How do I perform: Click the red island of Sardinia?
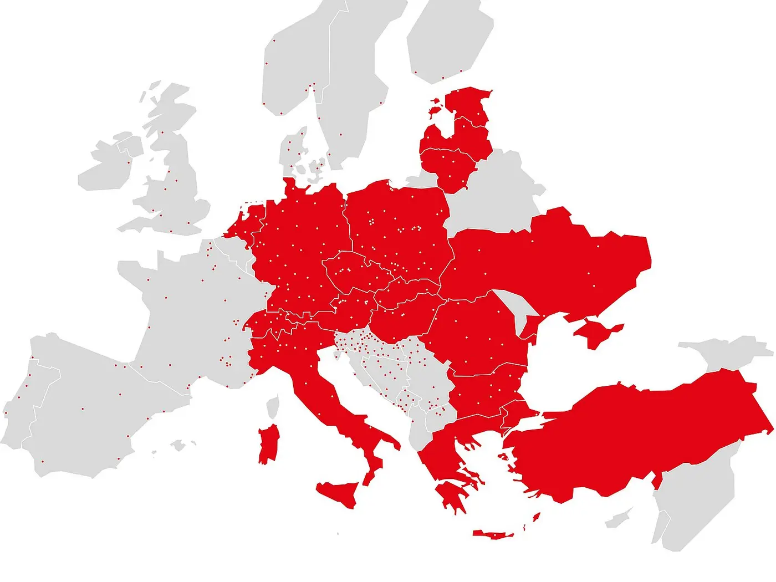(269, 443)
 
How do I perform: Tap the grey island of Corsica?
(272, 406)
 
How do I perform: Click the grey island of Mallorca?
(177, 445)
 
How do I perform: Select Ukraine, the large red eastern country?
(554, 261)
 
